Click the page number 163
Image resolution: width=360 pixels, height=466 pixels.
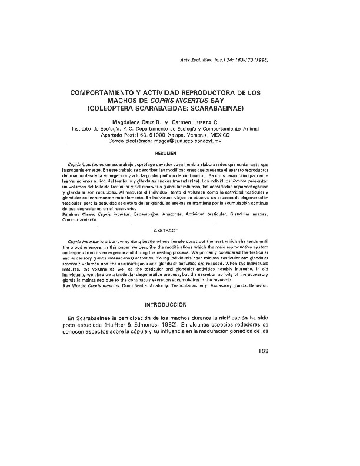tap(262, 352)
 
